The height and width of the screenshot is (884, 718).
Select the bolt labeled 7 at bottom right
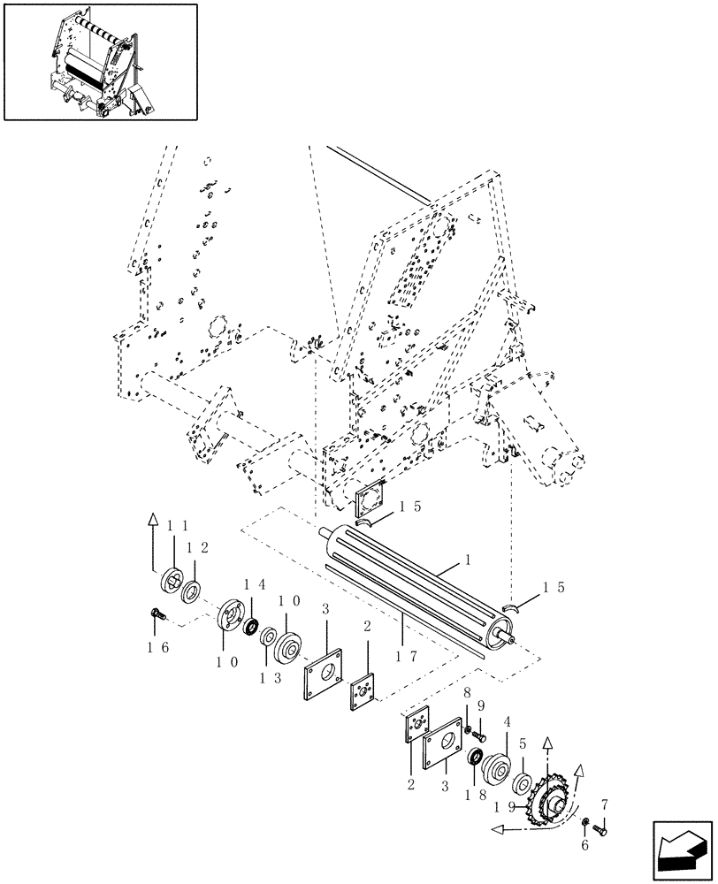point(602,828)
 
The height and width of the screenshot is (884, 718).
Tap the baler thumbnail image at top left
point(100,61)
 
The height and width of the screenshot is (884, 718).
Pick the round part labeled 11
point(172,583)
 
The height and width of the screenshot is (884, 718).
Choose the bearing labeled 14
point(251,627)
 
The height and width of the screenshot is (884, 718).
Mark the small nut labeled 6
point(587,824)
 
